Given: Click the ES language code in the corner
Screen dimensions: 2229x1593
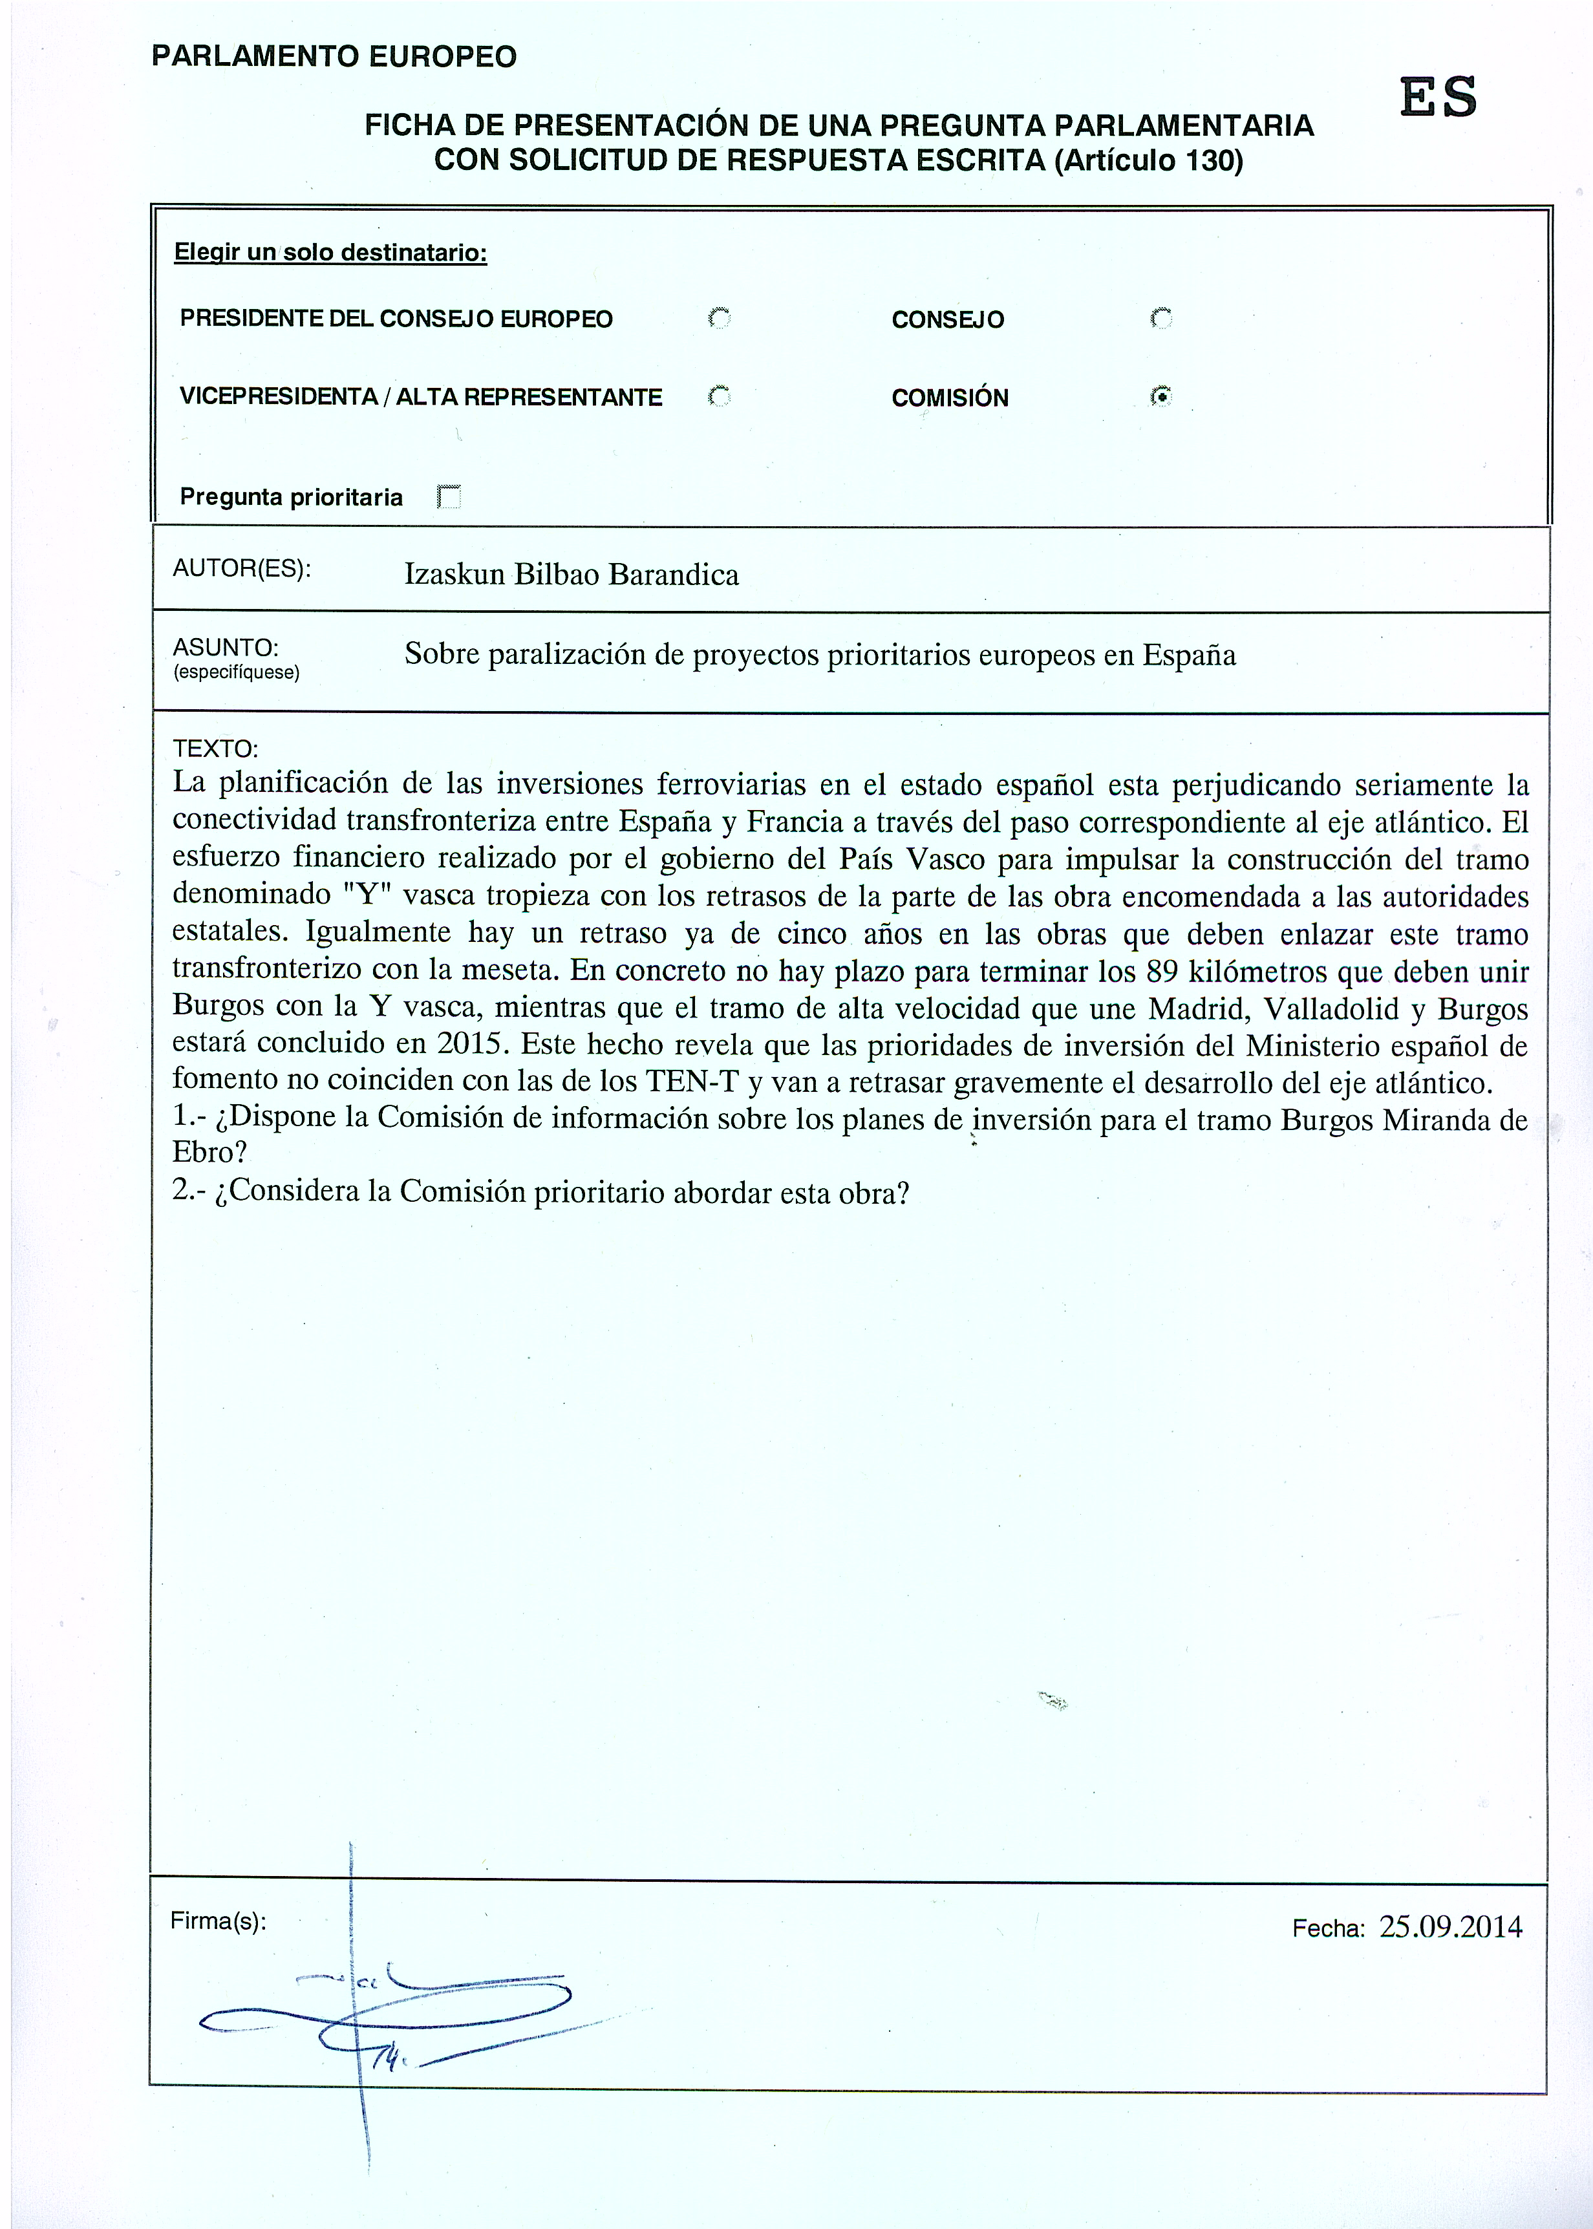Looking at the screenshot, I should [x=1438, y=98].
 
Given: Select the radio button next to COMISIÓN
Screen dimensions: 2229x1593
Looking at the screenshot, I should [x=1161, y=397].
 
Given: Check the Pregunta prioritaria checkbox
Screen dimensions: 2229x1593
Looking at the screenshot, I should [x=449, y=497].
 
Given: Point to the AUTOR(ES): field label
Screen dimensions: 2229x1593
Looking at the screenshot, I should [x=241, y=569].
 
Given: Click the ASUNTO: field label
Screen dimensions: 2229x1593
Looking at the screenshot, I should [x=226, y=647].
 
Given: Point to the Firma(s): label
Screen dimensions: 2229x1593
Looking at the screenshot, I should [x=218, y=1921].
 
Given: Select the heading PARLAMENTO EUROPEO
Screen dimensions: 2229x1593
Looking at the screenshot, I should [x=334, y=57].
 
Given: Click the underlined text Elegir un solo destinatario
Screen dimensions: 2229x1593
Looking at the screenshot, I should [x=330, y=253].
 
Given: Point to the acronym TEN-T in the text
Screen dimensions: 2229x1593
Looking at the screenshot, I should [x=692, y=1081].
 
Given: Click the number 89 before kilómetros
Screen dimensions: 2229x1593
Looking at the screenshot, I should [x=1162, y=972].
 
